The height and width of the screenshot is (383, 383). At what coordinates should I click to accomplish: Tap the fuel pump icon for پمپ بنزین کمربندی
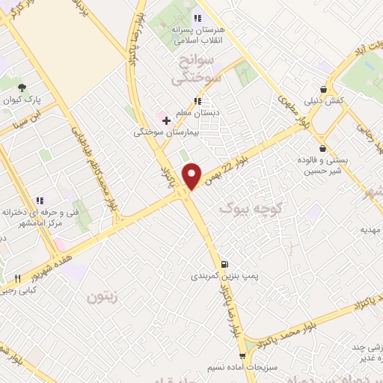pyautogui.click(x=224, y=264)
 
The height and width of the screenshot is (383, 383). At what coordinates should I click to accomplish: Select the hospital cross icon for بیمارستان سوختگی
pyautogui.click(x=166, y=120)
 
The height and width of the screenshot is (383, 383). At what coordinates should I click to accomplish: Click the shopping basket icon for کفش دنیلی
pyautogui.click(x=323, y=88)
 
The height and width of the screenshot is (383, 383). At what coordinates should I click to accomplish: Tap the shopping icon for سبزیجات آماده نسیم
pyautogui.click(x=241, y=356)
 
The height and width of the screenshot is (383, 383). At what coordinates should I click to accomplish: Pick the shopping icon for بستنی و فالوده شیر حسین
pyautogui.click(x=322, y=147)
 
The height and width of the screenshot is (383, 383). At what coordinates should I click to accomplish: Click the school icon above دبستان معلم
pyautogui.click(x=197, y=101)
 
